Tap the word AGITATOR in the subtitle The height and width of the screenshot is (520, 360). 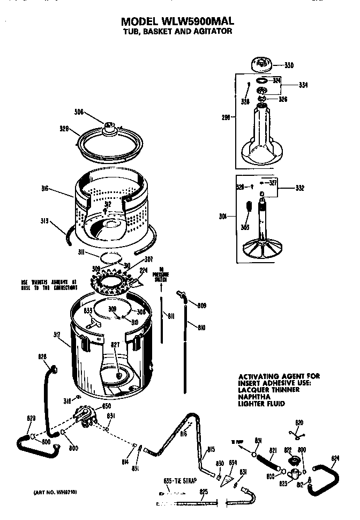209,32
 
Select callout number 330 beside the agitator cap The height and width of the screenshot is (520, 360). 289,65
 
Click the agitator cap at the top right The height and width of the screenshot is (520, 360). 262,65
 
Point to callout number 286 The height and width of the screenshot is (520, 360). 226,117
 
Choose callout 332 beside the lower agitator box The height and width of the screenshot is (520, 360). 301,188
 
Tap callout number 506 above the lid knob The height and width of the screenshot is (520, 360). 79,112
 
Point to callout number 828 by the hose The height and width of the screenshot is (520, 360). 42,356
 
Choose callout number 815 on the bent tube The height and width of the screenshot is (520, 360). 211,449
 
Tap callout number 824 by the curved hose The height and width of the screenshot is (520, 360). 335,458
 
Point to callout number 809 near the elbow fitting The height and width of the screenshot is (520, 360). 201,306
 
